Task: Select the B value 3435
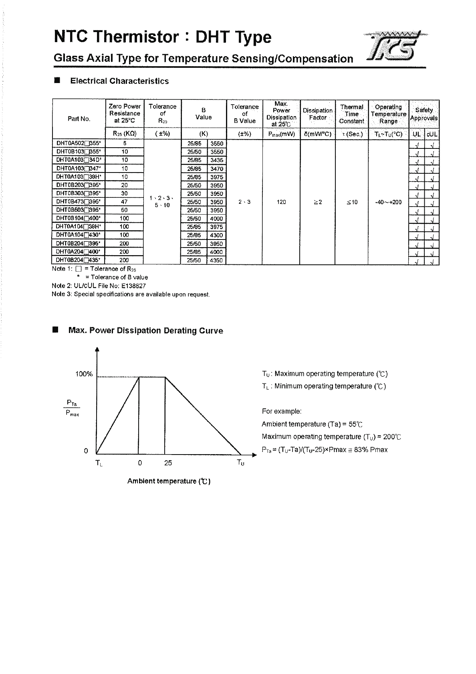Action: (x=216, y=160)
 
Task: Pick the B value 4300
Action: (x=216, y=235)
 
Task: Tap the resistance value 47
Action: (x=124, y=202)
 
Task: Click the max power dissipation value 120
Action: (x=281, y=202)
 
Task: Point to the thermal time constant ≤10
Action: (x=352, y=202)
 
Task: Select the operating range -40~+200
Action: (x=388, y=202)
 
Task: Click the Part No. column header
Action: (x=79, y=119)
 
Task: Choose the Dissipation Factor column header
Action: (x=317, y=114)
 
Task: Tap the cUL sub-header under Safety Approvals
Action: (x=432, y=134)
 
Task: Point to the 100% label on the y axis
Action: (x=84, y=374)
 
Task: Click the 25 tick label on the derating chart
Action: (x=168, y=463)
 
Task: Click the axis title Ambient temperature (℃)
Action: (x=169, y=481)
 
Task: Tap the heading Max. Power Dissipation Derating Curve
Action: (x=146, y=331)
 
